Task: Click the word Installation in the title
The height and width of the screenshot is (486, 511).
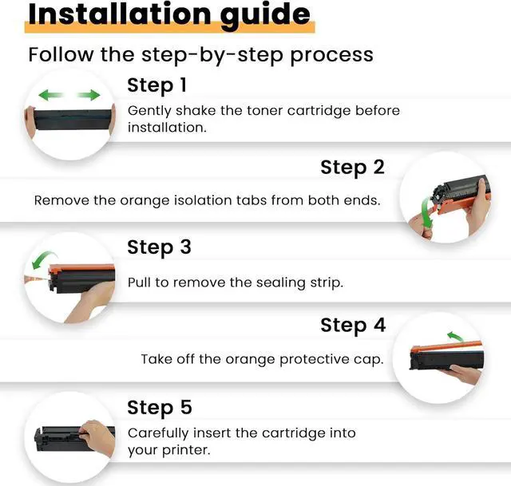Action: pos(120,14)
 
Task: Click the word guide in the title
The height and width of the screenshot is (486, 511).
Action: pos(265,16)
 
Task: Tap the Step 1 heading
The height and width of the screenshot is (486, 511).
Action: pos(156,85)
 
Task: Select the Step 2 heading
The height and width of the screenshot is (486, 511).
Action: pos(352,168)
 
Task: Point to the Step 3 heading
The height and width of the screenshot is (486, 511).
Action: pos(159,247)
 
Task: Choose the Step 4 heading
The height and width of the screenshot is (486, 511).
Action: pos(353,326)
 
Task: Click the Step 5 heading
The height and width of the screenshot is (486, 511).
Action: pos(160,408)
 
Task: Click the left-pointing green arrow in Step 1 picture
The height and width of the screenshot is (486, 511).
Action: pos(50,95)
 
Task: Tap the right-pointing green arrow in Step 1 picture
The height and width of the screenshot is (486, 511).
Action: pos(89,95)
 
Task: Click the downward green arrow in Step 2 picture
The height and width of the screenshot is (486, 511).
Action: pos(426,211)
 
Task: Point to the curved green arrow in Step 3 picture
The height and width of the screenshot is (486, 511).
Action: pos(42,259)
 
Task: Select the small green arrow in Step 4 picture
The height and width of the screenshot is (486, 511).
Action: pos(455,336)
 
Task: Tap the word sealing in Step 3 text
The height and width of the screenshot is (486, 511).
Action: pos(280,283)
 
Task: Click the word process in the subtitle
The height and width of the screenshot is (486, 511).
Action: pos(331,55)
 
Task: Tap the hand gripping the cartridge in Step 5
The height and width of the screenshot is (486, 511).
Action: pos(97,437)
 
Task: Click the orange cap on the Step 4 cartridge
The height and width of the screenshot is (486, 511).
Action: pos(446,346)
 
